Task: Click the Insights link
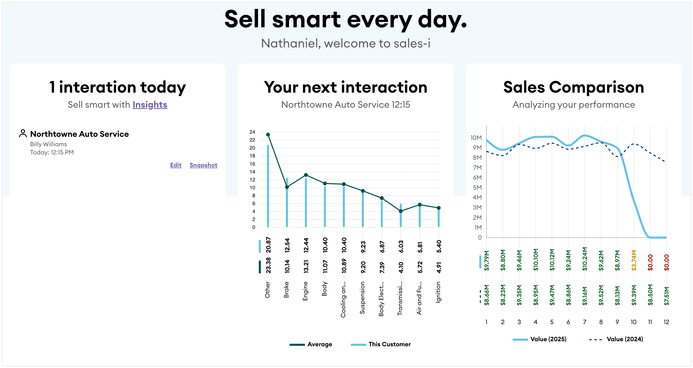pyautogui.click(x=150, y=105)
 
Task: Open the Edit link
pyautogui.click(x=176, y=165)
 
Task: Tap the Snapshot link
pyautogui.click(x=203, y=165)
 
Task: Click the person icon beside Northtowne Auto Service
pyautogui.click(x=23, y=133)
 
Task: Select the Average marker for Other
pyautogui.click(x=268, y=134)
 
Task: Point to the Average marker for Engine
pyautogui.click(x=306, y=175)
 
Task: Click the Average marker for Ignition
pyautogui.click(x=439, y=208)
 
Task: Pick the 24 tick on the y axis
pyautogui.click(x=252, y=132)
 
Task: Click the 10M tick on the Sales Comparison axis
pyautogui.click(x=476, y=138)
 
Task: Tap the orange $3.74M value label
pyautogui.click(x=634, y=260)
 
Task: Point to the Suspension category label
pyautogui.click(x=362, y=298)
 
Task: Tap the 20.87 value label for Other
pyautogui.click(x=268, y=245)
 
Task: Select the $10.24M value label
pyautogui.click(x=585, y=259)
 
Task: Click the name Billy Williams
pyautogui.click(x=48, y=144)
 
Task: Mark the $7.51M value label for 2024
pyautogui.click(x=666, y=296)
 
